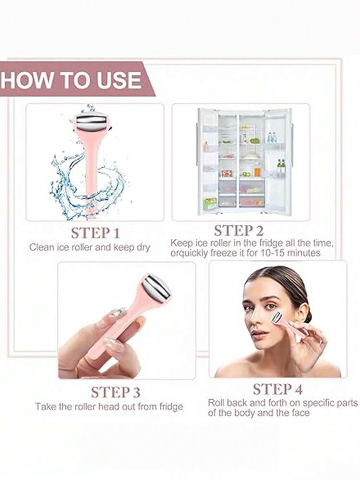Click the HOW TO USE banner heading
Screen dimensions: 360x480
point(71,80)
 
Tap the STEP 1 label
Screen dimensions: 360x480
point(95,233)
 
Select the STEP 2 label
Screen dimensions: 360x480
point(239,231)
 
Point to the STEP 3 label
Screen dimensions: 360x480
point(115,392)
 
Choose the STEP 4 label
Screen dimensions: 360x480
point(277,389)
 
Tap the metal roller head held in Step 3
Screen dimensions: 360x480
point(156,287)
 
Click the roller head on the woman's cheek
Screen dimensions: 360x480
point(277,317)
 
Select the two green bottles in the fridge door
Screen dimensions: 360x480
point(281,166)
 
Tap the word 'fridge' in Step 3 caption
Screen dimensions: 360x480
point(171,406)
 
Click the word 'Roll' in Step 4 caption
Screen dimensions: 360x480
point(216,403)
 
